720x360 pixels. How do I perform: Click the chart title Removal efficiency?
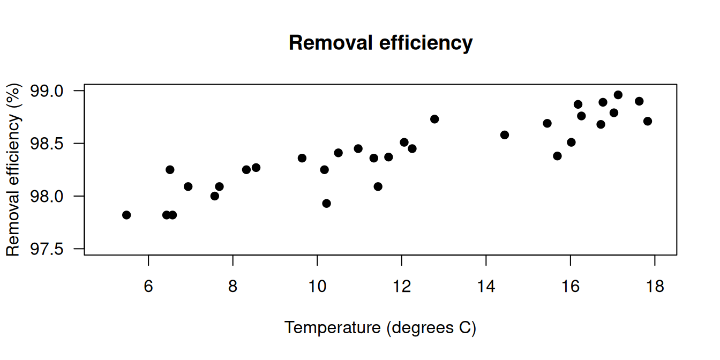point(380,42)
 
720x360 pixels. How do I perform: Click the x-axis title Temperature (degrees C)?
point(380,327)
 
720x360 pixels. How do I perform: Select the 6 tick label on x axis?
point(148,287)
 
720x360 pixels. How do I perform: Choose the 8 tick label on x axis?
point(232,287)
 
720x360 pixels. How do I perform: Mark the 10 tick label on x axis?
point(317,287)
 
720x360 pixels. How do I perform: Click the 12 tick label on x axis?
point(401,287)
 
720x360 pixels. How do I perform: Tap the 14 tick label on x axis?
point(486,287)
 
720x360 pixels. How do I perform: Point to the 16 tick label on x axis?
point(571,287)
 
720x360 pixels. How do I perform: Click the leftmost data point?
point(126,215)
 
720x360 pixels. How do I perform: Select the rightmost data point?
point(648,121)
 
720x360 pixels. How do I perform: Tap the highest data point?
point(618,95)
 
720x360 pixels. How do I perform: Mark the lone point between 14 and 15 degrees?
point(505,135)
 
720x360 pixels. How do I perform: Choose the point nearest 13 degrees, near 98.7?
point(434,119)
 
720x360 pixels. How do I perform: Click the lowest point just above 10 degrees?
point(326,203)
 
